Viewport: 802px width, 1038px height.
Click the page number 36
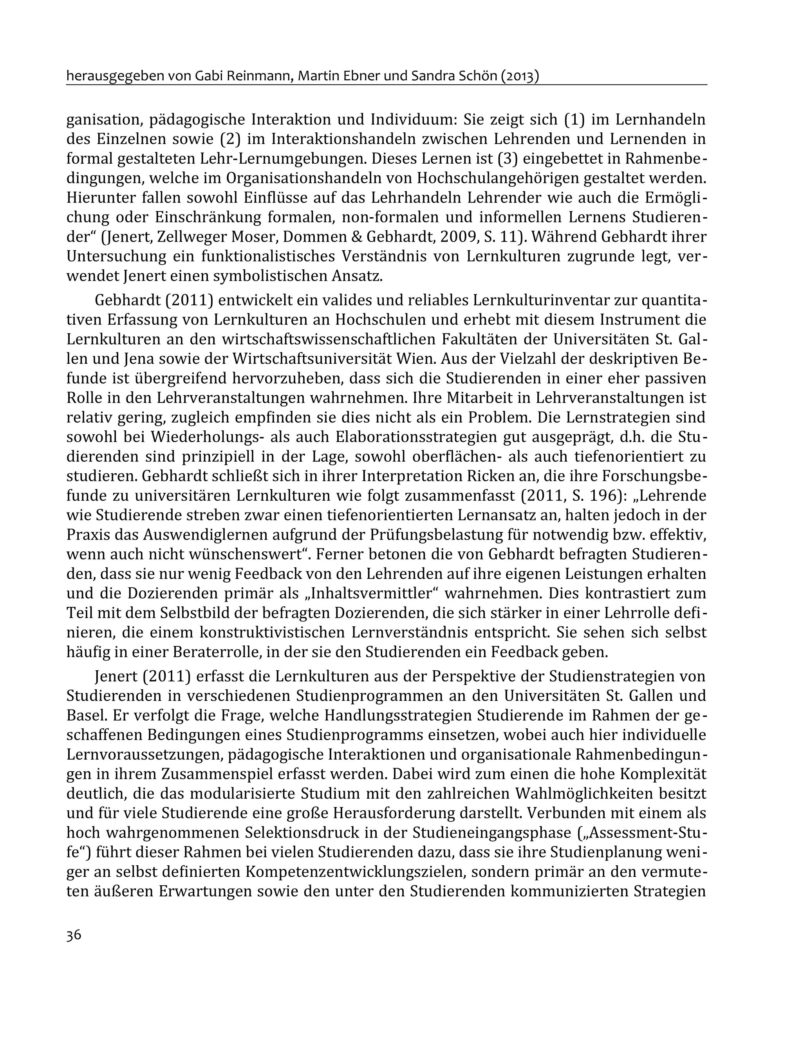pyautogui.click(x=74, y=935)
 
